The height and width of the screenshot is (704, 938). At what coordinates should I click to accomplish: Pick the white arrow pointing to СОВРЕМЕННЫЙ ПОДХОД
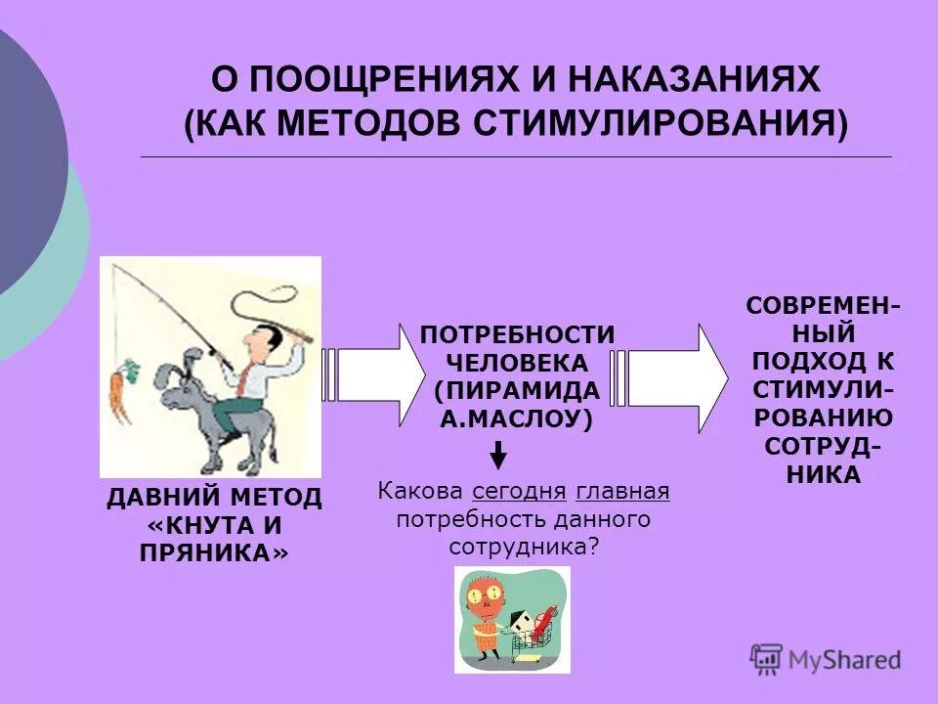(673, 376)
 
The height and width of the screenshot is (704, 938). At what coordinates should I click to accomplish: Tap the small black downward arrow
(498, 455)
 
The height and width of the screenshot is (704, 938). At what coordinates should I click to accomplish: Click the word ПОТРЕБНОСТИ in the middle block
(518, 334)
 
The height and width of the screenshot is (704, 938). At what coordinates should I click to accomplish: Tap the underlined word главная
(622, 491)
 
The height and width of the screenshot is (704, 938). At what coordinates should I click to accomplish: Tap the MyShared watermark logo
(826, 659)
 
